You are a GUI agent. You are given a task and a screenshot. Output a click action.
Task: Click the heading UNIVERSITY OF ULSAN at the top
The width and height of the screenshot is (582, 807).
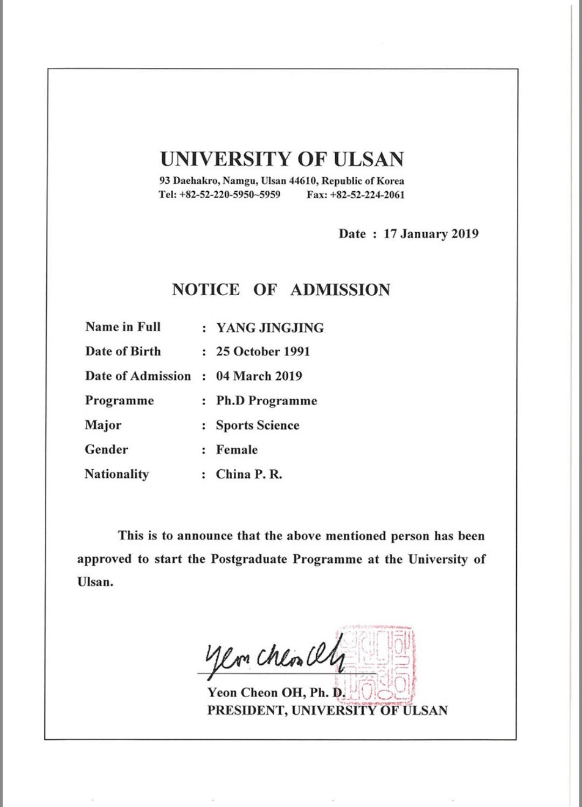coord(282,159)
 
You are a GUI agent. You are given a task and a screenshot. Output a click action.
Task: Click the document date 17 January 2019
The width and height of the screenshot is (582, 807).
coord(431,234)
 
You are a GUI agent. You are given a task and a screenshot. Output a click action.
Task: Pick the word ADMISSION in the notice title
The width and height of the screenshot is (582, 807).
coord(340,290)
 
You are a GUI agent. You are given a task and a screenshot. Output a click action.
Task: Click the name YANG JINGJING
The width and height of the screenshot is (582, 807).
coord(270,328)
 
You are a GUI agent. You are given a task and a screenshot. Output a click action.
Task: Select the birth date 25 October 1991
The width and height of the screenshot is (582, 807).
coord(263,352)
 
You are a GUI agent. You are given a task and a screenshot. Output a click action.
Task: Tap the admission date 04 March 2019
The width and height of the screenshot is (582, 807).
coord(259,376)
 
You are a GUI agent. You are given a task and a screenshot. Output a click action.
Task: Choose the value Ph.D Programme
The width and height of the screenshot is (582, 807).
coord(266,401)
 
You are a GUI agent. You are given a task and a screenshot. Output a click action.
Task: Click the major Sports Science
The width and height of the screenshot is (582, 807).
coord(258,425)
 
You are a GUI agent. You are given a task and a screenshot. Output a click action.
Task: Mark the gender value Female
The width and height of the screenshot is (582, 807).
coord(237,449)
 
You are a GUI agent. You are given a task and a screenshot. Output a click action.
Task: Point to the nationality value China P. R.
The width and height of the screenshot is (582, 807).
coord(249,474)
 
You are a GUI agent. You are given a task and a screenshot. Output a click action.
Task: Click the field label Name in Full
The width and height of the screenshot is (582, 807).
coord(123,327)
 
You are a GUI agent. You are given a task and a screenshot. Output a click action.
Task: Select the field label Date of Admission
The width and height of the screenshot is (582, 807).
coord(138,376)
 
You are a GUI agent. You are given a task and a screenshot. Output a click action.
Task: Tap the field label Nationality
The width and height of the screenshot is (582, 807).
coord(116,474)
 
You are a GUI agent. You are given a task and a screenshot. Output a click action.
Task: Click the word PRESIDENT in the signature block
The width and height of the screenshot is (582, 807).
coord(246,711)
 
